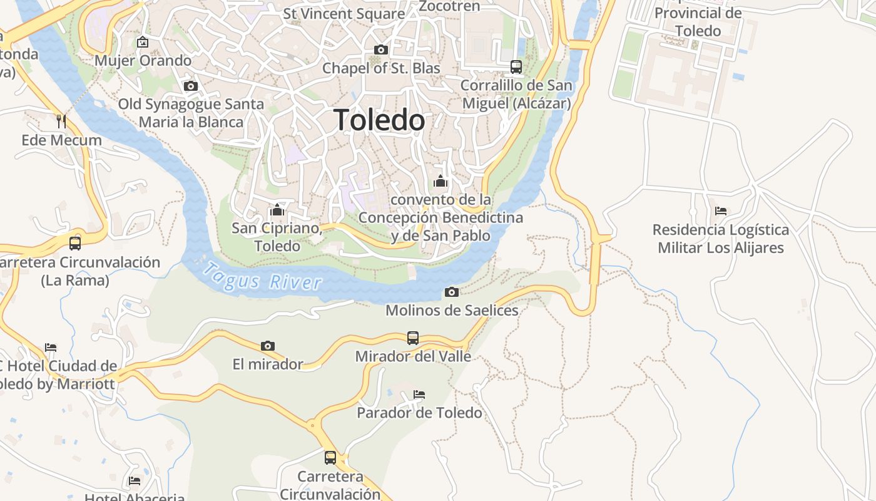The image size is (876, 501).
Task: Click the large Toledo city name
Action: click(379, 120)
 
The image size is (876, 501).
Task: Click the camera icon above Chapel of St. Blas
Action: click(380, 49)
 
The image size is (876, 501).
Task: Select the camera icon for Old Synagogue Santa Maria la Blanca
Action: click(191, 86)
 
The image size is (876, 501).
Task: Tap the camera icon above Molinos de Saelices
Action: click(451, 292)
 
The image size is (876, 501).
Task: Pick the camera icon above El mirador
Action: click(268, 346)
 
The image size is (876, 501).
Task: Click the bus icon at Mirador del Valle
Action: click(413, 338)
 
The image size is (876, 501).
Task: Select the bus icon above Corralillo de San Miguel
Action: click(516, 66)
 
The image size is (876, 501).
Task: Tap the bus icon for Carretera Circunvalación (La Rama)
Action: click(75, 243)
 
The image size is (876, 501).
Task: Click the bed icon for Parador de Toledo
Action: click(419, 395)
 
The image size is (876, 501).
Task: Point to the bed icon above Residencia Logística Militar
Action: click(721, 211)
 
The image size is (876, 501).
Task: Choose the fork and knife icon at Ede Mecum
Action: click(61, 121)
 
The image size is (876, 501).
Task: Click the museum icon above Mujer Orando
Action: click(143, 43)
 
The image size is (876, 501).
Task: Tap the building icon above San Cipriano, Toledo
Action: click(277, 209)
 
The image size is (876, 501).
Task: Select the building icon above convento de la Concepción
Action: click(441, 181)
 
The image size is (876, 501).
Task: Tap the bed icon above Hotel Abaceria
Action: click(135, 481)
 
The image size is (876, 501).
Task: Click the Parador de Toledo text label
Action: click(419, 413)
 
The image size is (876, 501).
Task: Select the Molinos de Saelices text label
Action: click(452, 310)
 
